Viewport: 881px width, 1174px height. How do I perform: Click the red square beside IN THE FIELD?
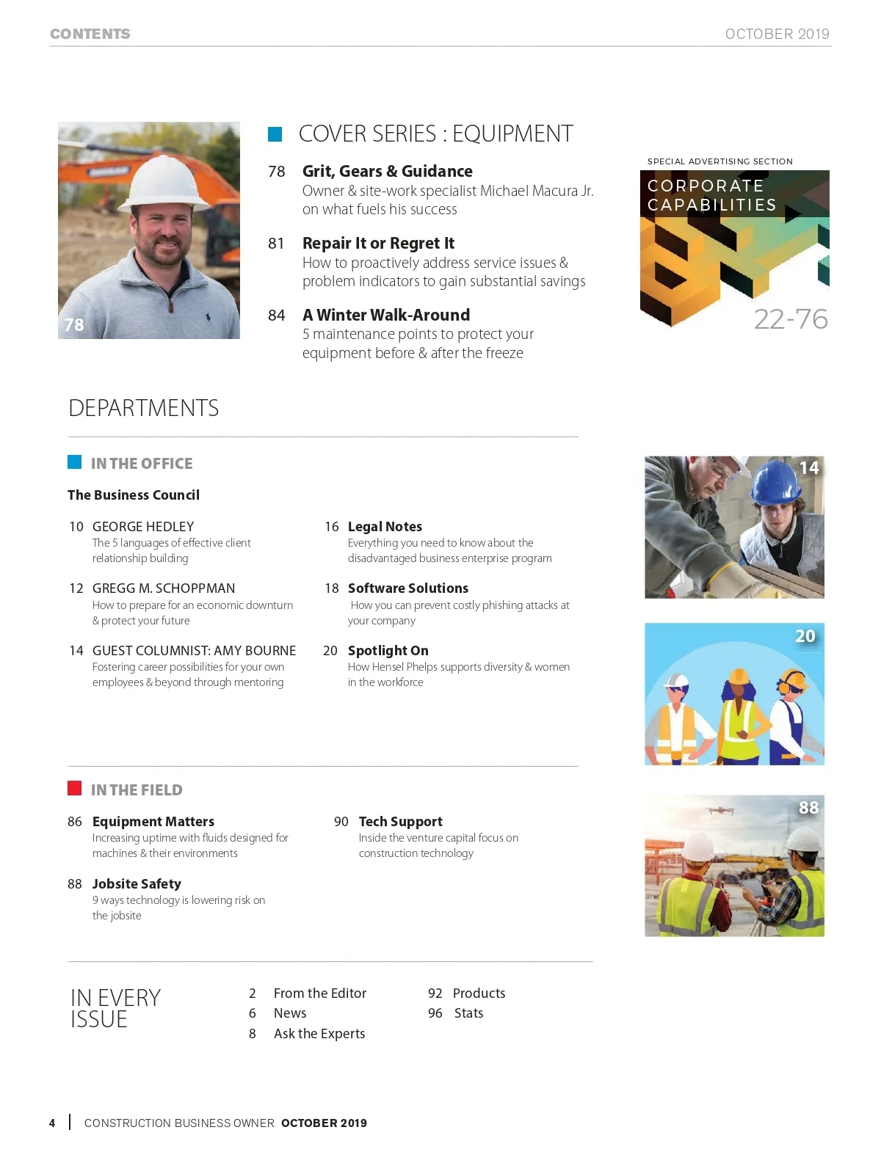(74, 788)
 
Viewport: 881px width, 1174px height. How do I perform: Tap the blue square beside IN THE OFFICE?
(74, 462)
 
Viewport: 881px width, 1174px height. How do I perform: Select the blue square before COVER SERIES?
(275, 134)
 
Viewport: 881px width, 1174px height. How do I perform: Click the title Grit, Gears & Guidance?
(387, 171)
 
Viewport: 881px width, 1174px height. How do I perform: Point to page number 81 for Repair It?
(276, 244)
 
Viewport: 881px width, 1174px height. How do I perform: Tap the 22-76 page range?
(790, 319)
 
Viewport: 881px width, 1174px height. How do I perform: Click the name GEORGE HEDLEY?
(143, 527)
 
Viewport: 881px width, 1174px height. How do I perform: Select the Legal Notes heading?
(385, 527)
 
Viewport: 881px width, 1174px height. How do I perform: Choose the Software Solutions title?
(407, 588)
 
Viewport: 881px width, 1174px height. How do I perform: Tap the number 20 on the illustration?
(805, 636)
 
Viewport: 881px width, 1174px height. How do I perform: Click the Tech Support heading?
(400, 822)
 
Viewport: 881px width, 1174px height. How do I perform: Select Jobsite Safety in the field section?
(137, 884)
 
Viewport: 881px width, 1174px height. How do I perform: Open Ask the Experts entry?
(319, 1034)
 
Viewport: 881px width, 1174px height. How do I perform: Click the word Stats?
(468, 1013)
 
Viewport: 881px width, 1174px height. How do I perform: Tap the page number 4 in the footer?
(52, 1123)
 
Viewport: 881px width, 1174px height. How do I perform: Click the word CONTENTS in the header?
(90, 34)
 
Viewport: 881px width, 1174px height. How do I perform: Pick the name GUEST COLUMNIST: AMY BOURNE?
(194, 651)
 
